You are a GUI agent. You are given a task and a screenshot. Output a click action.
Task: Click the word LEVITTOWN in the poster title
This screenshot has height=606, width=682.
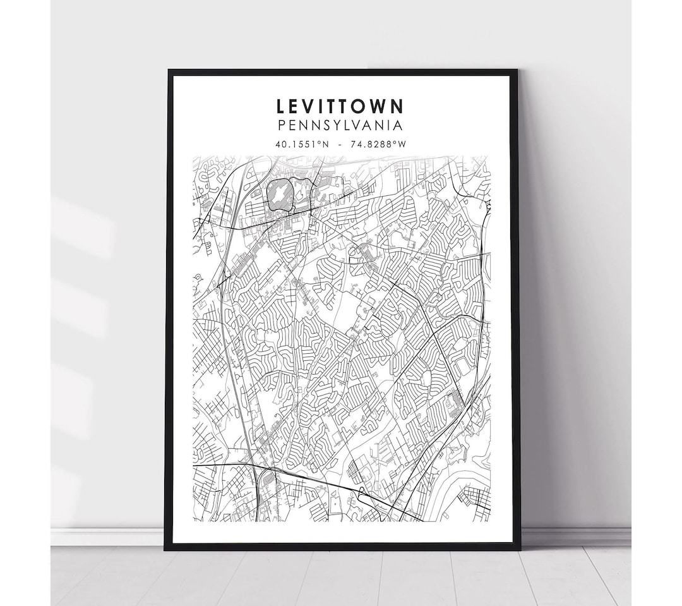[340, 106]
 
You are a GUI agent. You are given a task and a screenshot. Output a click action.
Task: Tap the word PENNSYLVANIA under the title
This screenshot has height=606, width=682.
[340, 126]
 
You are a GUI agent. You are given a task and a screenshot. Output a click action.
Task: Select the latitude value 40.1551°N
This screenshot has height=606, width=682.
[301, 144]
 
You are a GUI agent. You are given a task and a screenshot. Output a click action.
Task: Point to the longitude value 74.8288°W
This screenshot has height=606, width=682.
[378, 144]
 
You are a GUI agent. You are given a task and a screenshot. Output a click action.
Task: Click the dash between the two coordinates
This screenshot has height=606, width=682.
[340, 144]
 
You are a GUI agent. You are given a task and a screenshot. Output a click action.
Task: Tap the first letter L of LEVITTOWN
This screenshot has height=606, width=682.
[280, 106]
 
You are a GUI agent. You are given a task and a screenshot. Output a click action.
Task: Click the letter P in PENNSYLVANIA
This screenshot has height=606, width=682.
[281, 126]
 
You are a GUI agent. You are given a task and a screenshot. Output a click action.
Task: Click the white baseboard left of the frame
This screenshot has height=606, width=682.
[107, 536]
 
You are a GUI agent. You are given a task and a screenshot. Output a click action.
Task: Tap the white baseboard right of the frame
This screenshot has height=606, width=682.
[575, 536]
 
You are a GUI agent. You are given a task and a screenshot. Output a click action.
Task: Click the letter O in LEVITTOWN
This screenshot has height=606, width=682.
[356, 106]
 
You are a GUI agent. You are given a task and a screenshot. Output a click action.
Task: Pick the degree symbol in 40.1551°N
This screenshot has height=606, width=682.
[318, 142]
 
